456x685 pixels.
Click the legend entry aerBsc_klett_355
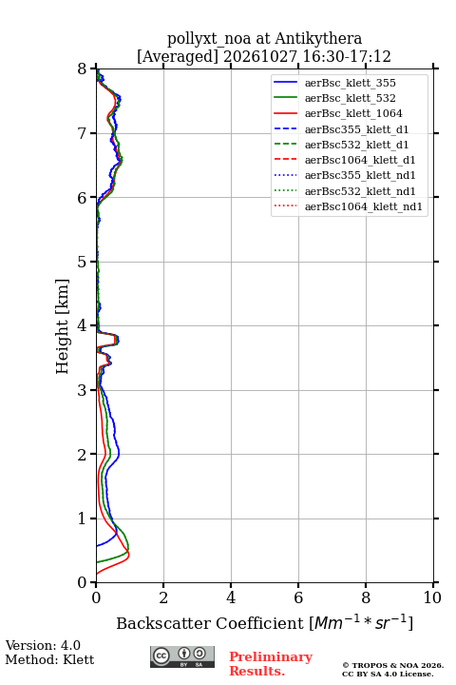tap(350, 83)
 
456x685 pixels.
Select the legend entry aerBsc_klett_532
tap(350, 98)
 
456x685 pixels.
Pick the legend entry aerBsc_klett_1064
tap(353, 113)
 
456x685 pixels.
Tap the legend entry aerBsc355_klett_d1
tap(356, 129)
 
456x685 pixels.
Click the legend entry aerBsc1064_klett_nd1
tap(364, 206)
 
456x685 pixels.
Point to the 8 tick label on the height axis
tap(83, 68)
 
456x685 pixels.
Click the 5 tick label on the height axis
tap(83, 262)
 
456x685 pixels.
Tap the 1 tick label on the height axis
tap(83, 519)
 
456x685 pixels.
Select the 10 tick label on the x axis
tap(432, 597)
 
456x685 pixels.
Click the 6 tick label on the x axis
tap(298, 597)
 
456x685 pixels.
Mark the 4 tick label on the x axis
tap(231, 597)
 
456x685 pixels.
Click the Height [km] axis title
tap(63, 326)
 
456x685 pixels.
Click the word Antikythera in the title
tap(318, 39)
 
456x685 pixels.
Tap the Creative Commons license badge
tap(182, 656)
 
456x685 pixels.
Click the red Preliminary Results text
tap(271, 664)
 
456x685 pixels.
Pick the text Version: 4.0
tap(43, 645)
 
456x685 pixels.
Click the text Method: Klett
tap(49, 659)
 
